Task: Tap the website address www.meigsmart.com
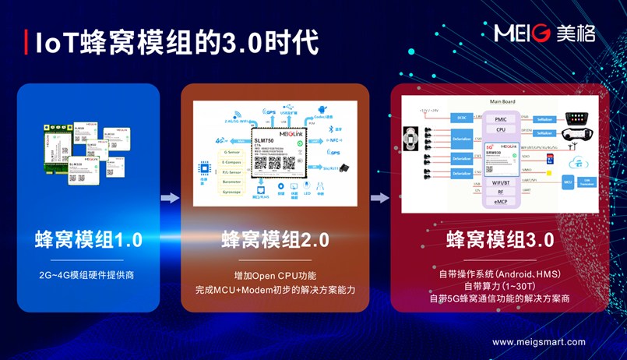tap(538, 341)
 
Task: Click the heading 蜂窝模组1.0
tap(88, 239)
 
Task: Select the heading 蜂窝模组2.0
tap(275, 239)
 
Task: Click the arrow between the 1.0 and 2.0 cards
tap(170, 198)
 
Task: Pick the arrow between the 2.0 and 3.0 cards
tap(379, 198)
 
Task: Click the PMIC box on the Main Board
tap(501, 118)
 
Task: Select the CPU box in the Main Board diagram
tap(501, 130)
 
